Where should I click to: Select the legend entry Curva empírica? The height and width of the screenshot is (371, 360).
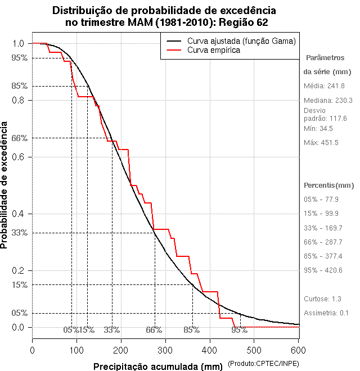214,50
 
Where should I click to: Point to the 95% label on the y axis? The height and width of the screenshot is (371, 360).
20,57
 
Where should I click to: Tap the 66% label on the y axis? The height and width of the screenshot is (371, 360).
20,138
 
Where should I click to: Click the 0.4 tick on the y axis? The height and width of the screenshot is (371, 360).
20,214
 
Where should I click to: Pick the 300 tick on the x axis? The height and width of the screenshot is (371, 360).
165,350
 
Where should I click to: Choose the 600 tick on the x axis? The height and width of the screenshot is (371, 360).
298,350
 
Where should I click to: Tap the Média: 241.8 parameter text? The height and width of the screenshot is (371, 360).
324,86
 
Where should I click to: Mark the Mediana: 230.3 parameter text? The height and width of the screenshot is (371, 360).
328,100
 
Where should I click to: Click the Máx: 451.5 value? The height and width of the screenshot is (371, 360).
321,143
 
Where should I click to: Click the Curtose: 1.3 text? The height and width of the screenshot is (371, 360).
322,298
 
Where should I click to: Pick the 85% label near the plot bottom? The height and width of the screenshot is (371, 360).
192,329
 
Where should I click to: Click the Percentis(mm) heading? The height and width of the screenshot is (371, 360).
329,185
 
